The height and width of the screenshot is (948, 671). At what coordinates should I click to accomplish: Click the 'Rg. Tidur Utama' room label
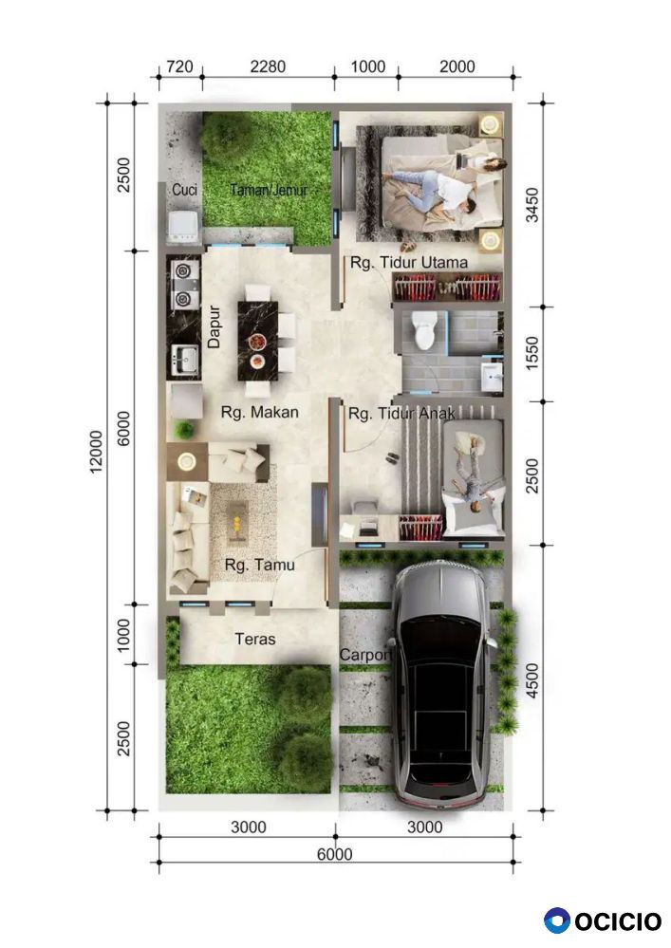click(x=409, y=263)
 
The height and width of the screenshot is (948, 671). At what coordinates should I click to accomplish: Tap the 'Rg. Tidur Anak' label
click(x=401, y=414)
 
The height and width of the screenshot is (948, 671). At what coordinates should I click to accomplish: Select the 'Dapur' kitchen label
click(x=214, y=326)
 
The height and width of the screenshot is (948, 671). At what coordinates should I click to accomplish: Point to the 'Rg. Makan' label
click(x=259, y=413)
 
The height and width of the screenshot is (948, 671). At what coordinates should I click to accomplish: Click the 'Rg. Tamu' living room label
click(x=259, y=565)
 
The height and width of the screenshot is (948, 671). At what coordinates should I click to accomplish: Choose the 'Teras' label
click(x=255, y=639)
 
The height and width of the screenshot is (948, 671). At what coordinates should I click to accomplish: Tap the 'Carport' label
click(x=365, y=655)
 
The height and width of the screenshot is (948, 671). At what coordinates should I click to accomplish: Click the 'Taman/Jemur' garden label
click(x=269, y=190)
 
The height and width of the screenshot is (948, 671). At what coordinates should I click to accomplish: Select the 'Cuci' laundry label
click(x=184, y=189)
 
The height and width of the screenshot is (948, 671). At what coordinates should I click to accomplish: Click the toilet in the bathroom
click(x=423, y=330)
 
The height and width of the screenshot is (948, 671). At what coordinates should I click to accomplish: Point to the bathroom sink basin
click(x=492, y=376)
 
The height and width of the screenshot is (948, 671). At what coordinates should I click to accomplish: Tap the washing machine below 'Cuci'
click(x=183, y=227)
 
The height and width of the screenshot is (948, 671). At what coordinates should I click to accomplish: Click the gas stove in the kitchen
click(x=183, y=284)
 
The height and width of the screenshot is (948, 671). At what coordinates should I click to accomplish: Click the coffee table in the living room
click(x=236, y=521)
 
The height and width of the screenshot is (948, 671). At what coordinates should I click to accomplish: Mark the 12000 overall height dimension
click(x=96, y=453)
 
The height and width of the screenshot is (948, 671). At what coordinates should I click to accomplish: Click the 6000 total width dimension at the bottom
click(x=335, y=854)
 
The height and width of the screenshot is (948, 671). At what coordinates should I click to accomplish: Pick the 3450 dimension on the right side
click(x=532, y=205)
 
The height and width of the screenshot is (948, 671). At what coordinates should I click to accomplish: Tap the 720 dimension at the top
click(x=179, y=66)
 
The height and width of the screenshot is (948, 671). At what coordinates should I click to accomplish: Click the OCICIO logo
click(x=603, y=920)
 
